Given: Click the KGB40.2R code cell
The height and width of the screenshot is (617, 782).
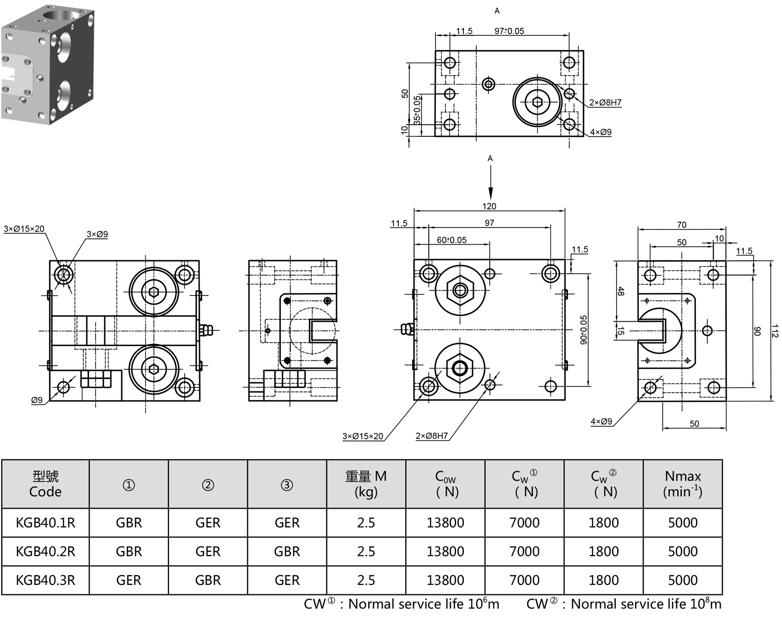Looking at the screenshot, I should (x=45, y=551).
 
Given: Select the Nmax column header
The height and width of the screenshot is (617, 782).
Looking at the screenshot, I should (x=682, y=484).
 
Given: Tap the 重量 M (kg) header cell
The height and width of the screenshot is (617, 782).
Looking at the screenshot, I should (x=366, y=484).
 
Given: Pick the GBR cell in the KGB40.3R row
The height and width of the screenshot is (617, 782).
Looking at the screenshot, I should (x=208, y=580).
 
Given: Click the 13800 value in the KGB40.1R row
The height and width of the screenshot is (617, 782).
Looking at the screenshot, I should (x=445, y=523).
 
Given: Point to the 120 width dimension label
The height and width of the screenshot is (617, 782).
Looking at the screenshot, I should (x=489, y=206).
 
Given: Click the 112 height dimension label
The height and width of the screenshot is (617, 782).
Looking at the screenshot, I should (x=774, y=331).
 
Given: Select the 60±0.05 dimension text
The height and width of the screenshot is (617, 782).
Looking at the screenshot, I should (x=452, y=240).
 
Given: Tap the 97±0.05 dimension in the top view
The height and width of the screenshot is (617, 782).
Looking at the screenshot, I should (x=509, y=31).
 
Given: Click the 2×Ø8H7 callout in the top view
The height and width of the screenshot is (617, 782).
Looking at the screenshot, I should (x=605, y=103).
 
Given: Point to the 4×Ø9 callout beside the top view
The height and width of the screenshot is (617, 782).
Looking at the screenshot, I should (x=601, y=132).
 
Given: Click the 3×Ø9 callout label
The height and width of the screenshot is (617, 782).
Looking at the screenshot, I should (x=97, y=234).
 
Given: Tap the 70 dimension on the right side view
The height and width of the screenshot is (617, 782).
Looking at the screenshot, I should (x=681, y=225).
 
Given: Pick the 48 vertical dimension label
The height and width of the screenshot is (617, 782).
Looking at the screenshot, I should (x=621, y=291).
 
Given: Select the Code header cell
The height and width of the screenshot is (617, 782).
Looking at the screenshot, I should (x=45, y=484).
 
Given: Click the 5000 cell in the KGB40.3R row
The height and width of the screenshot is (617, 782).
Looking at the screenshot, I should (x=682, y=580).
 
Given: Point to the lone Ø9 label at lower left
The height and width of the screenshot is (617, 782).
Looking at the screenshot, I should (x=37, y=400).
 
